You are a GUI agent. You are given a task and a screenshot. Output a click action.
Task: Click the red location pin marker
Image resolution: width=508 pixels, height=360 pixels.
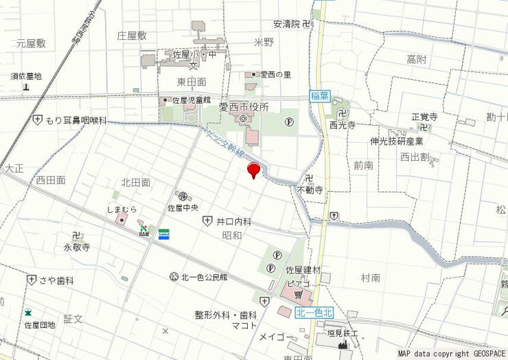click(x=254, y=169)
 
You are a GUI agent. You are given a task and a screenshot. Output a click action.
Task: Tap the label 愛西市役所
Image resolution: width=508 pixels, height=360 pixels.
click(x=244, y=107)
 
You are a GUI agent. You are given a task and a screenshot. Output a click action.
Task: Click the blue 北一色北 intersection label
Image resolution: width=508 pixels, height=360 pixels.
click(x=314, y=313)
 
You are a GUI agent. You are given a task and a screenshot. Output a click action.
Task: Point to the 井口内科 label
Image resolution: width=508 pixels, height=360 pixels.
click(x=234, y=221)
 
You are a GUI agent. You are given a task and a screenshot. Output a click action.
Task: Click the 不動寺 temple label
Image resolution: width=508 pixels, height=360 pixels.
click(x=310, y=190)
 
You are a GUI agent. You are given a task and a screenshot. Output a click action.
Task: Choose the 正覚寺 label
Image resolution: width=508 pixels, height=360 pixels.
click(x=424, y=117)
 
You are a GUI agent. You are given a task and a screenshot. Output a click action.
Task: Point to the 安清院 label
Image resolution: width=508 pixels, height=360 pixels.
click(x=287, y=23)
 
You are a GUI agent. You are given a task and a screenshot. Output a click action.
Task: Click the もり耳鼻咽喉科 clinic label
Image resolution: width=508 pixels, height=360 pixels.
click(x=76, y=120)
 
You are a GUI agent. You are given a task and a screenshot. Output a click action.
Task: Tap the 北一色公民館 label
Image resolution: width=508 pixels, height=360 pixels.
click(x=204, y=277)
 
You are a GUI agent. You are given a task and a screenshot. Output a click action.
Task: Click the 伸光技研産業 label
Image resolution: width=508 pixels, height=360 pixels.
click(x=397, y=142)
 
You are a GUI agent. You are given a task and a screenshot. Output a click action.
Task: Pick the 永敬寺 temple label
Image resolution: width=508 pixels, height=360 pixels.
click(x=77, y=247)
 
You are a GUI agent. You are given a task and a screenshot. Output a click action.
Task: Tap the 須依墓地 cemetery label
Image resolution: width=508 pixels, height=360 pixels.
click(x=26, y=76)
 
